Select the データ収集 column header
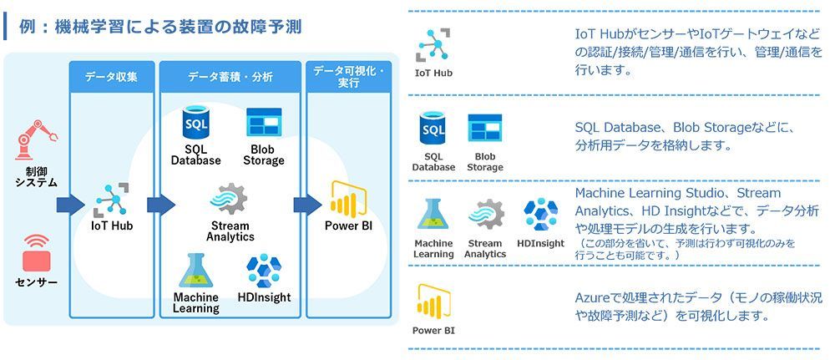click(111, 77)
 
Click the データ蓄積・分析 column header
click(230, 77)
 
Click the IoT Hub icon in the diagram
click(111, 199)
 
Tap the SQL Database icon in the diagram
click(195, 124)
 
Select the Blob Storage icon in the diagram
click(263, 123)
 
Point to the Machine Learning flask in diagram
click(195, 271)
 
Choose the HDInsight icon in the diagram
click(264, 271)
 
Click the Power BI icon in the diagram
click(347, 199)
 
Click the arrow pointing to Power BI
click(306, 204)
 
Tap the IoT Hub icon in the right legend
click(433, 47)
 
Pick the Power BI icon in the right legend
click(433, 302)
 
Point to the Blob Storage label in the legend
click(485, 161)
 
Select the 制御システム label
click(36, 176)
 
